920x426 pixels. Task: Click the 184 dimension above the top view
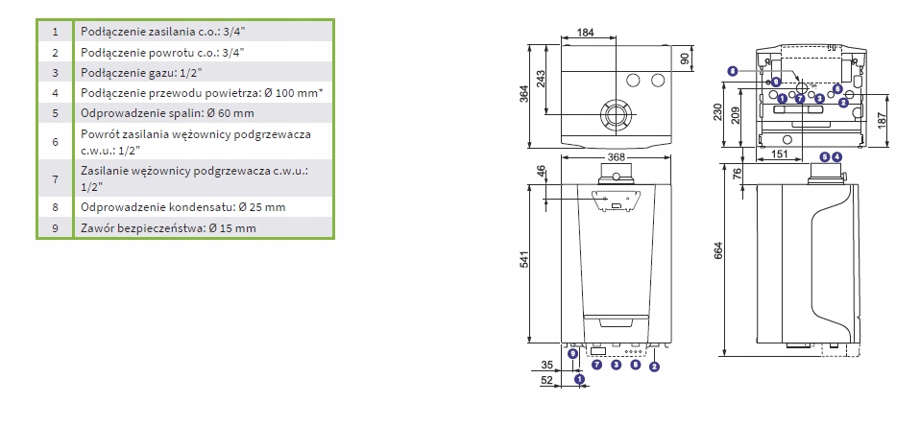tap(586, 33)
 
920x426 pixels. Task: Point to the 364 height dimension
tap(524, 95)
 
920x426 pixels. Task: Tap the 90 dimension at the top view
tap(684, 59)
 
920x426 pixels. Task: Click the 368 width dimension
tap(617, 157)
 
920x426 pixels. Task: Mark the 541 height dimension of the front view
tap(524, 261)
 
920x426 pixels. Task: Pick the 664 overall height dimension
tap(717, 250)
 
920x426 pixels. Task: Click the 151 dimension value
tap(778, 154)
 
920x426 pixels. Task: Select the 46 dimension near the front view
tap(541, 173)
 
